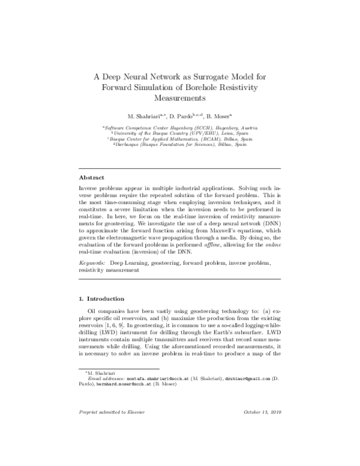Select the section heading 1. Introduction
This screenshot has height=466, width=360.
(x=102, y=298)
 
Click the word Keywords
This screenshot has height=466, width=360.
(x=93, y=263)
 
